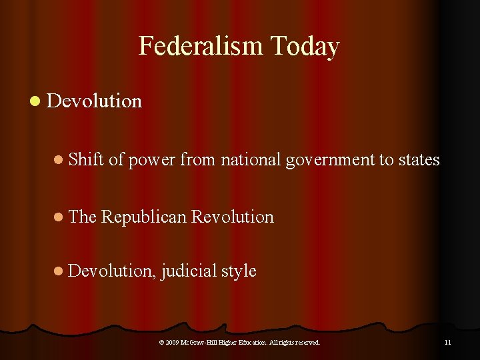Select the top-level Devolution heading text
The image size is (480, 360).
tap(95, 101)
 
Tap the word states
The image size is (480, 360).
tap(419, 160)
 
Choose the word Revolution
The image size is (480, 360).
tap(232, 217)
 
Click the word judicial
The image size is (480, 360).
tap(189, 271)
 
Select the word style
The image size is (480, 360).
tap(239, 271)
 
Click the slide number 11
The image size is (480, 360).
tap(447, 343)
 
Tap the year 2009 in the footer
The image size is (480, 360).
tap(173, 343)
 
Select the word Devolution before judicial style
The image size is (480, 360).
tap(112, 271)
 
